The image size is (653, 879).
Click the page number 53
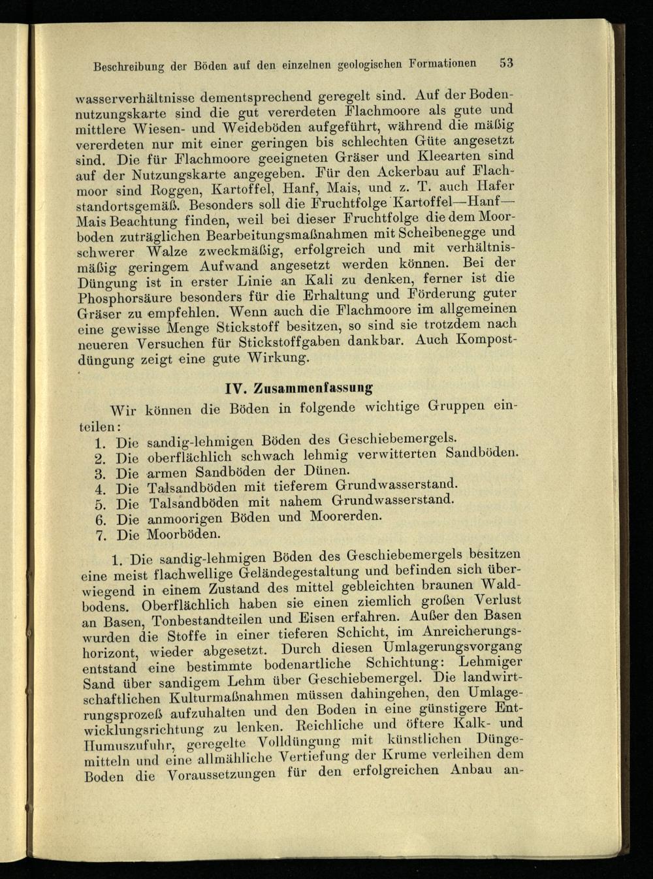507,63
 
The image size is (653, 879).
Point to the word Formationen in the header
443,63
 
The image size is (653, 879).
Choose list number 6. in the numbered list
101,520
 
